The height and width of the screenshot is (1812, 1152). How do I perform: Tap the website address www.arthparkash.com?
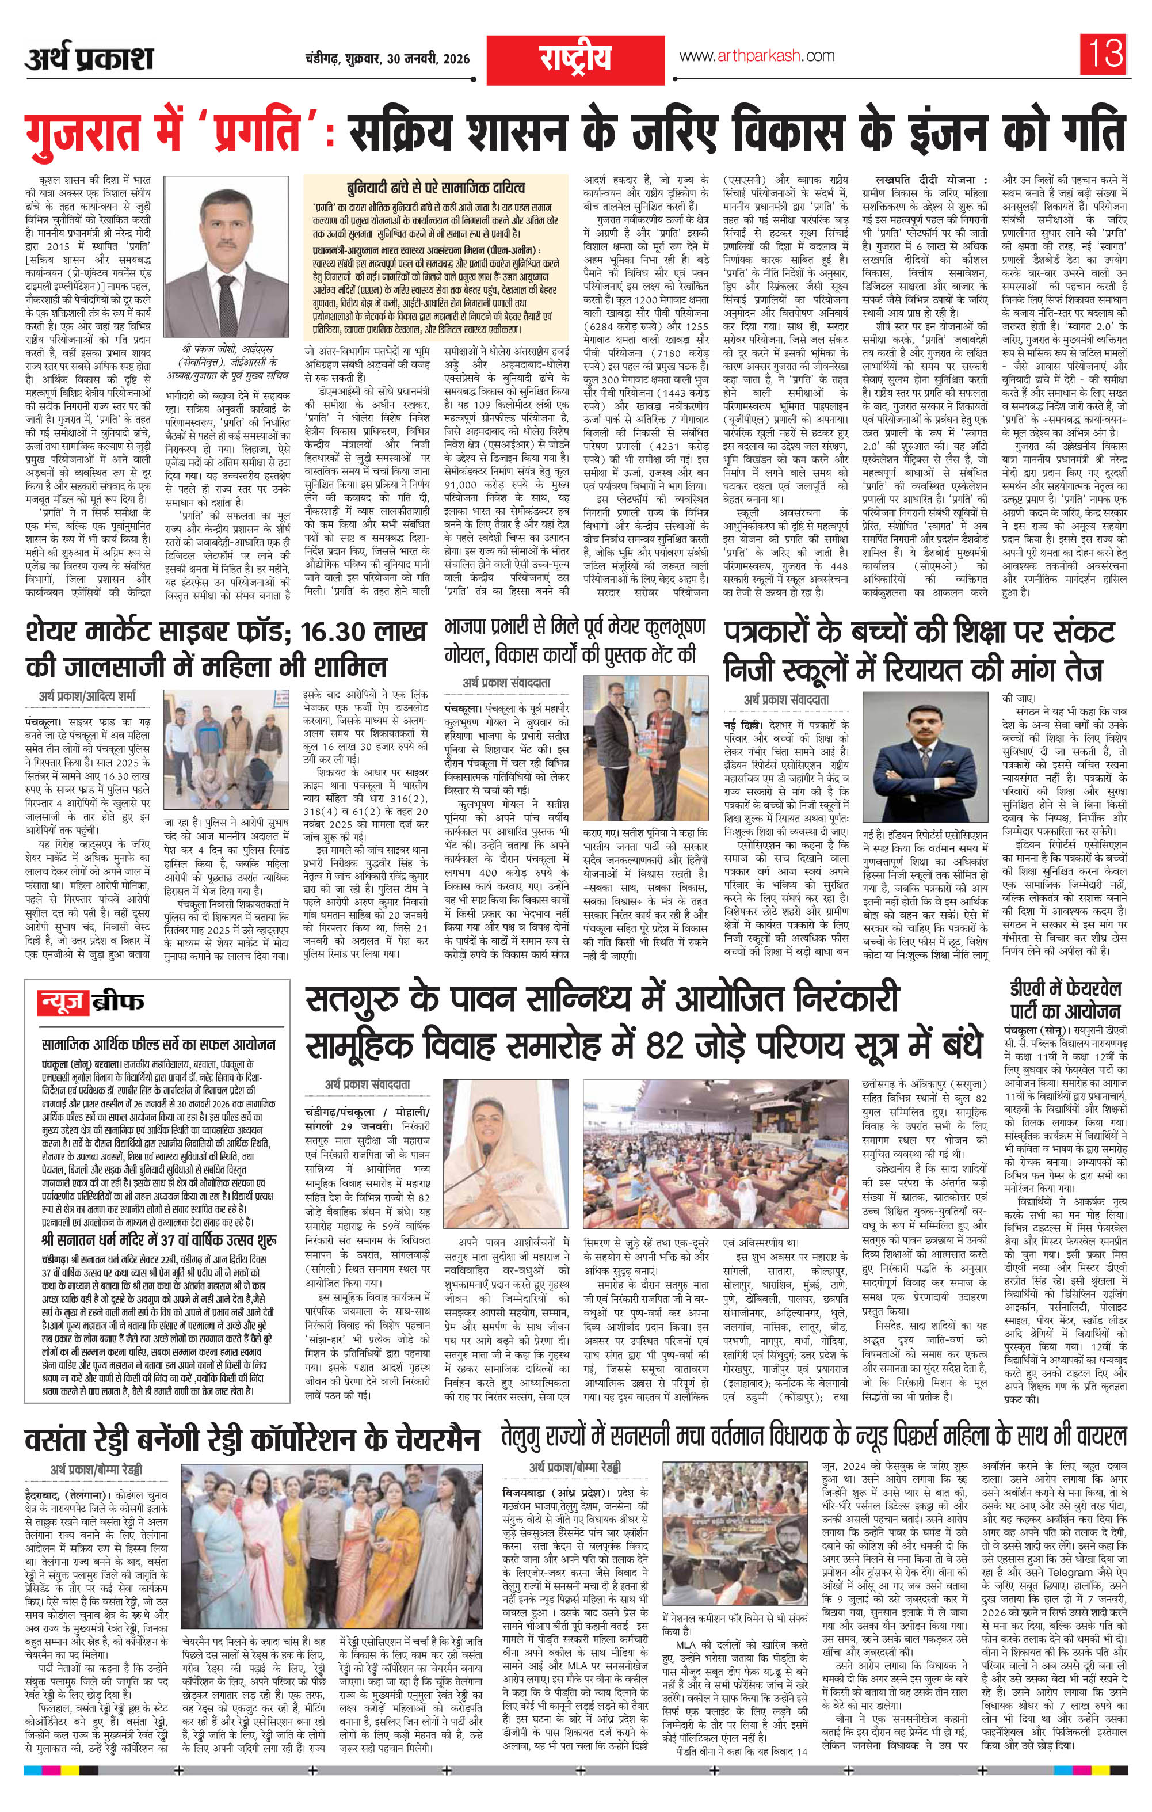pos(756,56)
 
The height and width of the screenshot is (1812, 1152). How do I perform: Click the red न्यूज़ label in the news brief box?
pos(63,1002)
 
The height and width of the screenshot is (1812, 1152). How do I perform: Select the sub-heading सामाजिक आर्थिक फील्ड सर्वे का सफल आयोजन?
pos(159,1045)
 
